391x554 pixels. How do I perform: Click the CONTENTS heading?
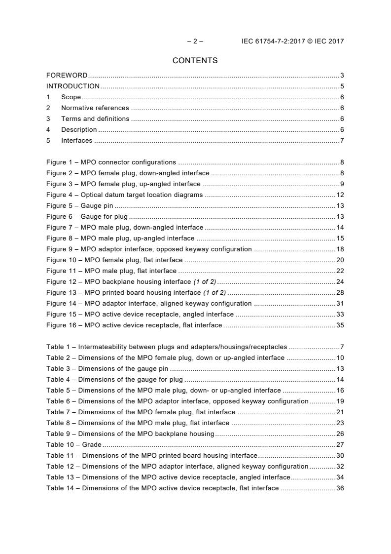point(195,61)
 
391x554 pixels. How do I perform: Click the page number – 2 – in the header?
point(195,41)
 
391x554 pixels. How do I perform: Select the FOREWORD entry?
point(67,76)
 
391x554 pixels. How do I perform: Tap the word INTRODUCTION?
point(73,86)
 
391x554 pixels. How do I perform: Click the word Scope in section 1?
point(71,97)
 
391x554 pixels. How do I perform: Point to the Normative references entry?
point(95,108)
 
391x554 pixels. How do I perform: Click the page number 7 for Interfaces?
point(342,141)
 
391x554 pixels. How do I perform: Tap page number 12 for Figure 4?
point(340,195)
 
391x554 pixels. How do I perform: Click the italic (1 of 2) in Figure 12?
point(204,282)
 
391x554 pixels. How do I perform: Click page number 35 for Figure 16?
point(340,325)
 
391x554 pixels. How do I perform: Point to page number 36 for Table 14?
point(340,488)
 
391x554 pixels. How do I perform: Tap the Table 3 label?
point(58,369)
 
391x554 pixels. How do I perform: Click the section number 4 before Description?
point(48,130)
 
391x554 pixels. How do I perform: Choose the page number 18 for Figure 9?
point(340,249)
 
